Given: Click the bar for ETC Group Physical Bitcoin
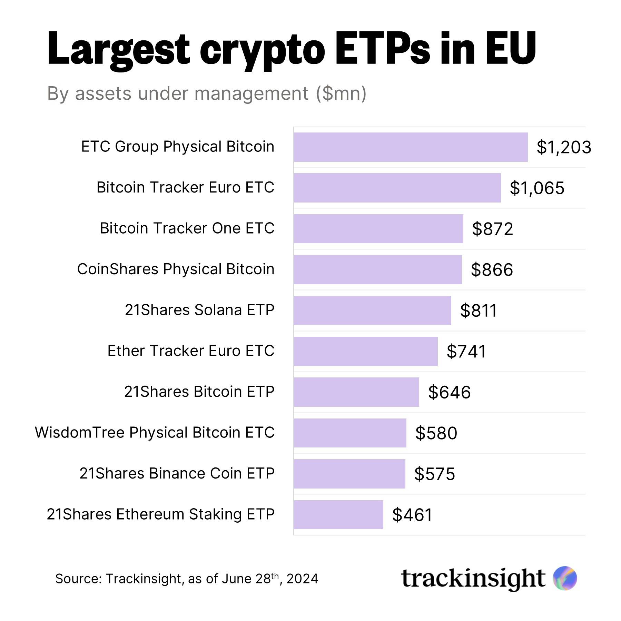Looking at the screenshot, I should (411, 147).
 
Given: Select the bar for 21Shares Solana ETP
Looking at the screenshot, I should (372, 310).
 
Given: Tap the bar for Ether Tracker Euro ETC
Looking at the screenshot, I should (366, 351).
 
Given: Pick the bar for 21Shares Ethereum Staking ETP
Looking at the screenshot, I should (338, 514).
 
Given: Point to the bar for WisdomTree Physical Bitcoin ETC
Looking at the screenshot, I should (350, 433).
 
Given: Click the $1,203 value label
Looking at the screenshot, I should (564, 147).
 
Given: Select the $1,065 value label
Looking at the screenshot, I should (537, 188).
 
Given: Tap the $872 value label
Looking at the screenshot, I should (492, 229).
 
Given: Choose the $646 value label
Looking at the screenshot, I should (449, 392).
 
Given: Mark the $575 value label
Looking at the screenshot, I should (434, 474).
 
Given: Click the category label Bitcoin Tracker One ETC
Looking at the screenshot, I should (187, 228).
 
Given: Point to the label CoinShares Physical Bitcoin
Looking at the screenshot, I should (176, 269).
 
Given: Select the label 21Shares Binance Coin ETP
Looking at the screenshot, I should (177, 473).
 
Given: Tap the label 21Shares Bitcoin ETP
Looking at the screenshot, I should (199, 392).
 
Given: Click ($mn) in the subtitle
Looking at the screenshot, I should (341, 93).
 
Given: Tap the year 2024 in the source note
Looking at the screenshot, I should (302, 579).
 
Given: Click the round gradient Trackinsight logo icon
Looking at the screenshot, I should (565, 578).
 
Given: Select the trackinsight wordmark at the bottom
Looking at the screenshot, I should (473, 579).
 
